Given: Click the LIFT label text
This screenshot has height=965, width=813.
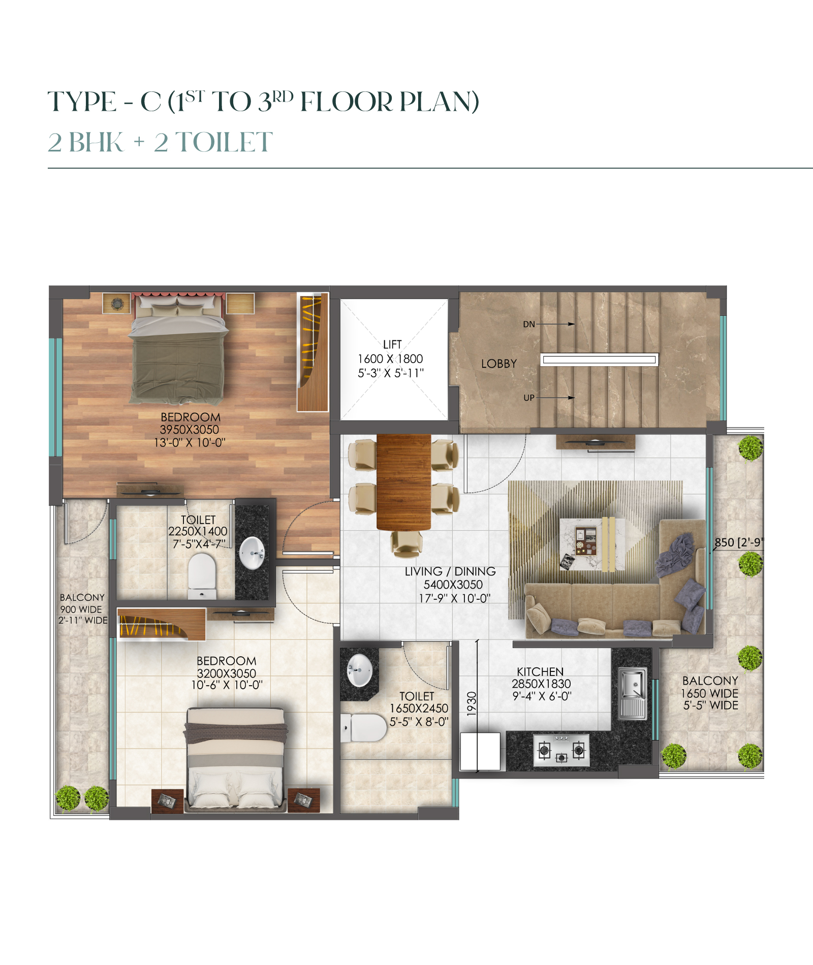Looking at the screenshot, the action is click(392, 344).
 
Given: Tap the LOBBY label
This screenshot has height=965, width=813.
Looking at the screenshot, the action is click(499, 364).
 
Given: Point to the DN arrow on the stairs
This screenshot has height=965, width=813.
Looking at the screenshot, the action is click(555, 324).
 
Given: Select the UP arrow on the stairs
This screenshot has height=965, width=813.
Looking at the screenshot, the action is click(555, 398).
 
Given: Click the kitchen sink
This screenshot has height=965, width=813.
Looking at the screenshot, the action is click(633, 693).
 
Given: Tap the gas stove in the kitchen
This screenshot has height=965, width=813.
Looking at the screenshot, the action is click(561, 750).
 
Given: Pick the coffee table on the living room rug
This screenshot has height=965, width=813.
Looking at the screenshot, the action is click(592, 544).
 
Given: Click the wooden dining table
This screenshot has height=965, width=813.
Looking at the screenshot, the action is click(404, 482).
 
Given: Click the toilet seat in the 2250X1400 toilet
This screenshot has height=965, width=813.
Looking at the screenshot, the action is click(202, 575).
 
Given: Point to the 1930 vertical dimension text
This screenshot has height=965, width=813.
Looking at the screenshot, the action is click(472, 703).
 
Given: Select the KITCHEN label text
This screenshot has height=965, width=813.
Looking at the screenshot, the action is click(540, 671).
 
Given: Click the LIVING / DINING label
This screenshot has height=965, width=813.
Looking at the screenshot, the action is click(450, 571).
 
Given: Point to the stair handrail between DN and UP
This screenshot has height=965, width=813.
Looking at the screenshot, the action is click(599, 360).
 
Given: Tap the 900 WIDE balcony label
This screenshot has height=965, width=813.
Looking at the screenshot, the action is click(81, 609).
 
